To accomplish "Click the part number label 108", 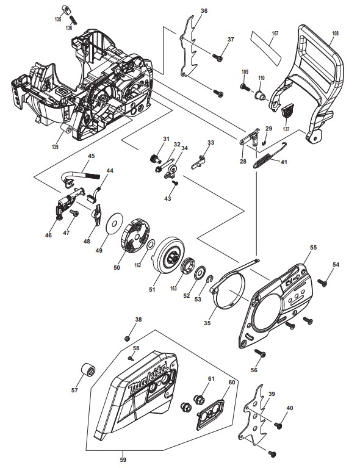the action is coord(335,34).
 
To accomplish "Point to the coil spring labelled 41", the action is coord(263,161).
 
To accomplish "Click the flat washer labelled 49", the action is coord(115,223).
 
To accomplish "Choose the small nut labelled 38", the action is coord(127,338).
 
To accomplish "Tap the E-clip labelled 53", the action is coord(210,279).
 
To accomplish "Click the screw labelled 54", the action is coord(322,282).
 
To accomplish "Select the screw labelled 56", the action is coord(260,353).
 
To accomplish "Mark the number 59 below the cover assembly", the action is coord(123,459).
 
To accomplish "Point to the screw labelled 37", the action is coord(218,57).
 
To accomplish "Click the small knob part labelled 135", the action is coord(66,9).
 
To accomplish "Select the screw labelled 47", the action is coord(74,213).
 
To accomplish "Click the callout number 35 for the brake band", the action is coord(207,323).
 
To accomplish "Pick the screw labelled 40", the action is coord(278,425).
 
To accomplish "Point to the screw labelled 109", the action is coord(245,87).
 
